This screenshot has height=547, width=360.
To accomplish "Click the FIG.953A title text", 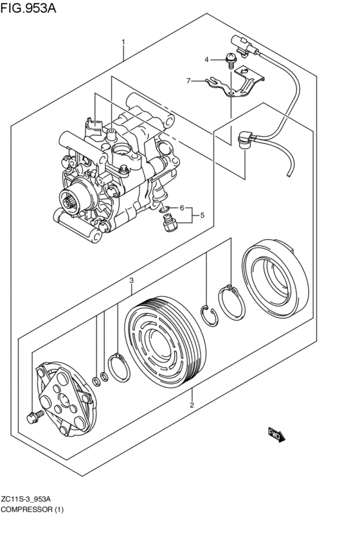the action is [28, 7].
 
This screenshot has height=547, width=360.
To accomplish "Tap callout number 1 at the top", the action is [123, 42].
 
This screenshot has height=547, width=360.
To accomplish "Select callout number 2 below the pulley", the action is [192, 405].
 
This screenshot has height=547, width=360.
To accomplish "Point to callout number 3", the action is [131, 280].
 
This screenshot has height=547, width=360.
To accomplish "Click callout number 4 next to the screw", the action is [206, 60].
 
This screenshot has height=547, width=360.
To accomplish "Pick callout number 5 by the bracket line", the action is [203, 215].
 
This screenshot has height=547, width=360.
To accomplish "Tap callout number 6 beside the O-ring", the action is [182, 208].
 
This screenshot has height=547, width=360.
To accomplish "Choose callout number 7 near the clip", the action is [188, 81].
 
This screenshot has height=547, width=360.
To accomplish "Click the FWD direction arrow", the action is [276, 435].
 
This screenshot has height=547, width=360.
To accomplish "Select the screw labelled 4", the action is [231, 60].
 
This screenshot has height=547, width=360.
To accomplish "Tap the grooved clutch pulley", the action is [166, 342].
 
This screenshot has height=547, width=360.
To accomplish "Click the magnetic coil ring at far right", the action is [275, 278].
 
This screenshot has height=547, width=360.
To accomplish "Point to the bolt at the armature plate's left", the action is [35, 416].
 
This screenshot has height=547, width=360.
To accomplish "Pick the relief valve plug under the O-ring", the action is [170, 224].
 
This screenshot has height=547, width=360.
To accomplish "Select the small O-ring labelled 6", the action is [165, 210].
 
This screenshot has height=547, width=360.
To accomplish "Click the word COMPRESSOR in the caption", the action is [26, 509].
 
